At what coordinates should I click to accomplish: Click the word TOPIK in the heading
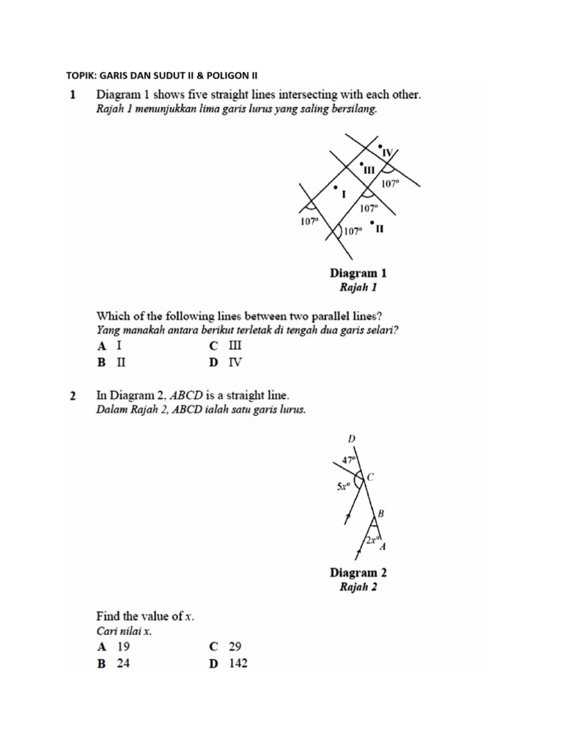81,76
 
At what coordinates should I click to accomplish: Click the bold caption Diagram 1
358,273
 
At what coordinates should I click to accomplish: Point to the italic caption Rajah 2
358,587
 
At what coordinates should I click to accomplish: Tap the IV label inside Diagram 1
389,153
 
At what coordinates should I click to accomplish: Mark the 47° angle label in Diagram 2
348,460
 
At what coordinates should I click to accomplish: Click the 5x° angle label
344,486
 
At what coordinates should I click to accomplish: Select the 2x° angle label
372,541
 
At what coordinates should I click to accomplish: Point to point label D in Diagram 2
351,439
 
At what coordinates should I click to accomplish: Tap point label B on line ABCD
381,513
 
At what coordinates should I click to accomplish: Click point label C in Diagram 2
371,477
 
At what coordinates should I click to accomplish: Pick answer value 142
238,664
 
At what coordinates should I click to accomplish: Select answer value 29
235,647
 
